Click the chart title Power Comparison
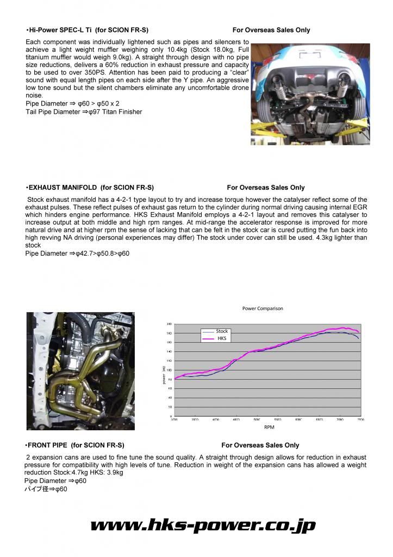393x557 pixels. coord(263,308)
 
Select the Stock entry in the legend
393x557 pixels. coord(222,331)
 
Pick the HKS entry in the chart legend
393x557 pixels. coord(221,338)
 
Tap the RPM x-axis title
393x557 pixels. coord(269,428)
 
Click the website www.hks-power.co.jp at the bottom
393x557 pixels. coord(202,525)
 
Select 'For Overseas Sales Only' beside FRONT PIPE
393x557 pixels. coord(260,445)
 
